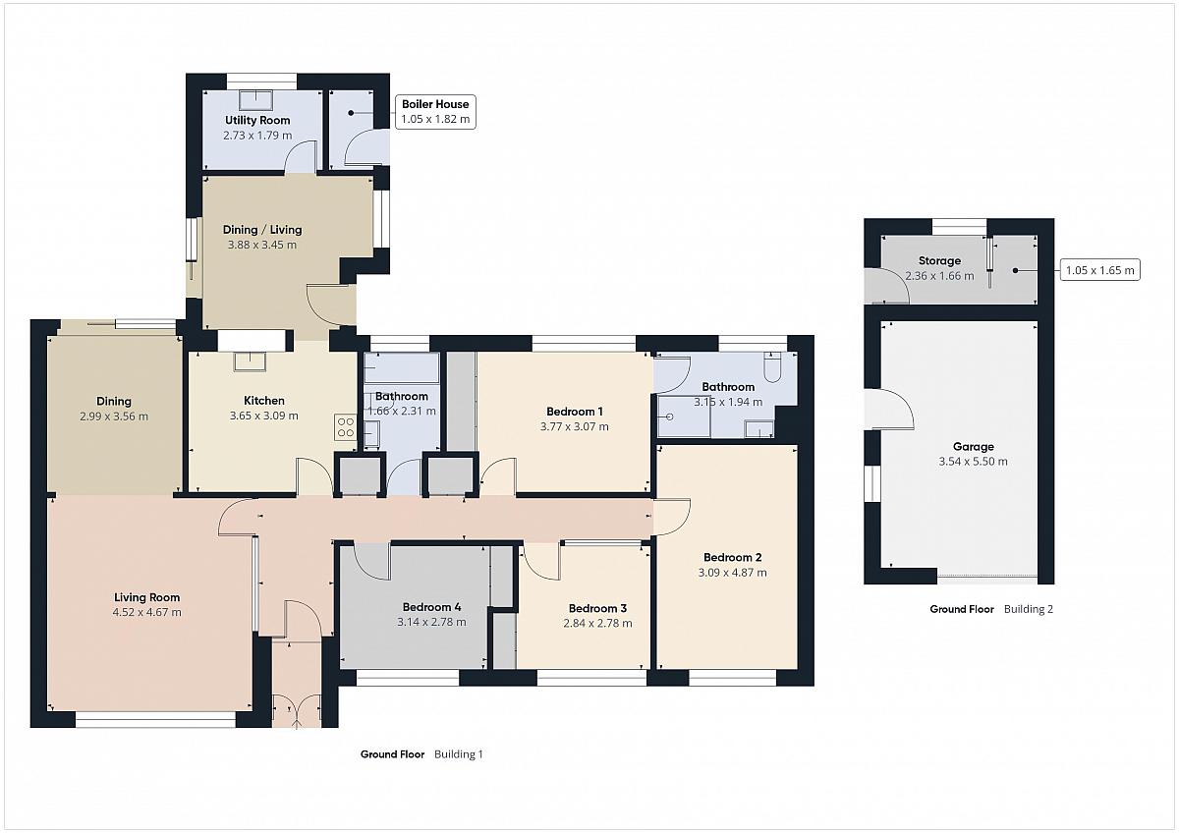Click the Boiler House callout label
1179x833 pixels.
[x=435, y=112]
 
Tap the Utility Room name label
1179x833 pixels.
[x=257, y=120]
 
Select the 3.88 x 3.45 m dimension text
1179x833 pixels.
[x=262, y=245]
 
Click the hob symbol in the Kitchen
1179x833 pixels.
[x=345, y=426]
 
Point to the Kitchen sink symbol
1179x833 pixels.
[x=250, y=362]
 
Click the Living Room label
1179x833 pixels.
[x=146, y=597]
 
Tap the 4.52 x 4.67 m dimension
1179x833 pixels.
[x=146, y=612]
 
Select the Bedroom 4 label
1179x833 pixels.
[x=431, y=607]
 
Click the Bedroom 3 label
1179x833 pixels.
[x=597, y=608]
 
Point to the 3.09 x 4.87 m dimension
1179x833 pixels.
[x=732, y=573]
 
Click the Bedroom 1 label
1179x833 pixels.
[x=574, y=412]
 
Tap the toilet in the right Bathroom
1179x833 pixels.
[x=772, y=366]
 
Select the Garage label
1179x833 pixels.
[x=974, y=446]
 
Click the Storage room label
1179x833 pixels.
[x=939, y=260]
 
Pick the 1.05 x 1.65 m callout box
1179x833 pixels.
[x=1099, y=270]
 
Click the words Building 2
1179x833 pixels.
[x=1029, y=609]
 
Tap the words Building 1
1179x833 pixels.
[x=459, y=754]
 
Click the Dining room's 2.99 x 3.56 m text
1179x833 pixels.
[x=114, y=416]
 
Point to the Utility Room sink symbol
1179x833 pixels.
[x=256, y=99]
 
